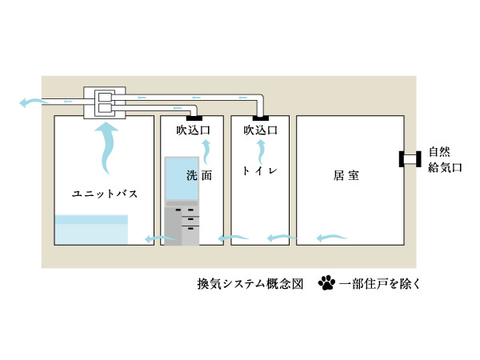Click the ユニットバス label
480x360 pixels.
pyautogui.click(x=104, y=194)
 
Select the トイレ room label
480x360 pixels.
pyautogui.click(x=260, y=171)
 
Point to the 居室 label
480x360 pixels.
pyautogui.click(x=346, y=174)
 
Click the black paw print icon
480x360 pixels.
pyautogui.click(x=326, y=282)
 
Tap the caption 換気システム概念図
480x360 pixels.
pyautogui.click(x=250, y=283)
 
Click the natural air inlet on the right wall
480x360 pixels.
pyautogui.click(x=410, y=159)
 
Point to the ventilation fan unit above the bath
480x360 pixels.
pyautogui.click(x=105, y=102)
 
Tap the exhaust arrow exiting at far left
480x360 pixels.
pyautogui.click(x=32, y=102)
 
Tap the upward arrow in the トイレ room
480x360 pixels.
pyautogui.click(x=260, y=150)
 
